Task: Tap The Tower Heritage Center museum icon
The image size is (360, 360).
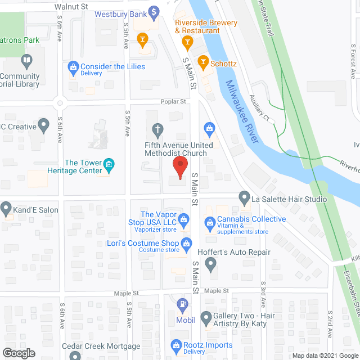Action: pos(110,166)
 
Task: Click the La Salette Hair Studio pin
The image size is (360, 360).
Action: pos(244,198)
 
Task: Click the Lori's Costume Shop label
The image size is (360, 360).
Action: pos(143,244)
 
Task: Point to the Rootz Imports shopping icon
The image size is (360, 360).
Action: pos(174,345)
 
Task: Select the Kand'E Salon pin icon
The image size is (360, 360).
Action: pos(6,208)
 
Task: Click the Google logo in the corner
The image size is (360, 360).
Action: pos(18,353)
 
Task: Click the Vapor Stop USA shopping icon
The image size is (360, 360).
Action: pos(183,218)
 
